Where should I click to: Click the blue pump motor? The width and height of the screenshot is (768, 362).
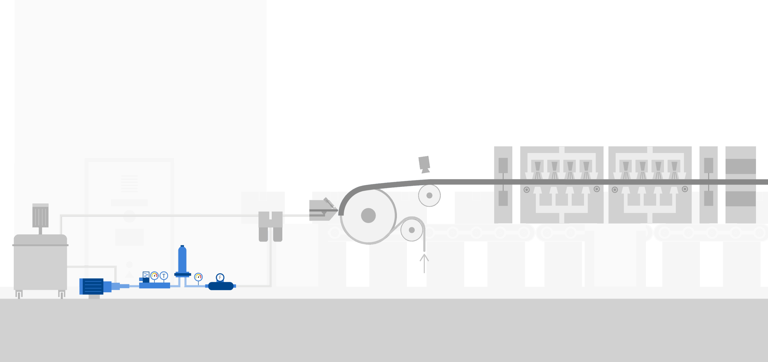point(91,286)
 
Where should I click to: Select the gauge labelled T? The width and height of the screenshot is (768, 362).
point(164,276)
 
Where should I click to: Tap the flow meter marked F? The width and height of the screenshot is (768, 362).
point(220,277)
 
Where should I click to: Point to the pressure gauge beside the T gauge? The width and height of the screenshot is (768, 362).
point(154,276)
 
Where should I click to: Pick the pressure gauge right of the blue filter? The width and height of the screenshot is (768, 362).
point(198,277)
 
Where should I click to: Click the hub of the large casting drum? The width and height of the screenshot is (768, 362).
point(368,215)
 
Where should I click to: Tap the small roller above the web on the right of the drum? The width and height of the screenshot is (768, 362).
point(429,196)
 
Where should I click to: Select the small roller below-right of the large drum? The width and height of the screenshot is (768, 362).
point(412,230)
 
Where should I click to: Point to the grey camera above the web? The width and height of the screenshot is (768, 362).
point(424,164)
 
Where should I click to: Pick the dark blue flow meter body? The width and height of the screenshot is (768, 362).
point(221,286)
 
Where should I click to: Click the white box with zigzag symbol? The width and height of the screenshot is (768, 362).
point(146,275)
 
